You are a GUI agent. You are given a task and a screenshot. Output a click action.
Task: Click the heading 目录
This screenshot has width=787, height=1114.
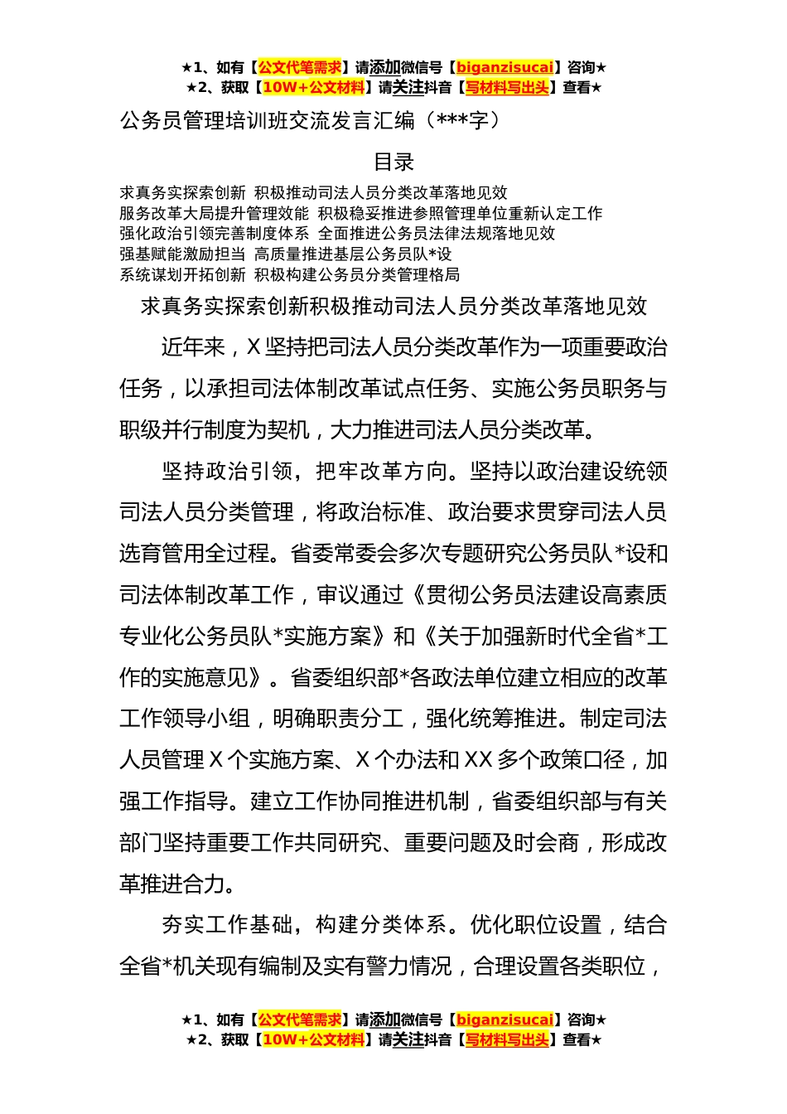(x=393, y=162)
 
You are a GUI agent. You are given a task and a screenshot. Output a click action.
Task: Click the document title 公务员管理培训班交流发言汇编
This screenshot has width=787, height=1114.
(x=267, y=121)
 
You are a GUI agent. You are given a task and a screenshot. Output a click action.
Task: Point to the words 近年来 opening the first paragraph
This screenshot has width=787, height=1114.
(x=193, y=347)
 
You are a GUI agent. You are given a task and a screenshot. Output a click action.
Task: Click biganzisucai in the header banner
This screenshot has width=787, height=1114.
(x=504, y=68)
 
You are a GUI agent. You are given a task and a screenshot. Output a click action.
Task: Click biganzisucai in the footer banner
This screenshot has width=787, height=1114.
(x=504, y=1020)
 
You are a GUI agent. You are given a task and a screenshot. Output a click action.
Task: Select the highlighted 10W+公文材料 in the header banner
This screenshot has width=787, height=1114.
(x=313, y=88)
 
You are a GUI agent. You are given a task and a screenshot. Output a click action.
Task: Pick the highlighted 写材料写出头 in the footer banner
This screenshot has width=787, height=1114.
(x=506, y=1040)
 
